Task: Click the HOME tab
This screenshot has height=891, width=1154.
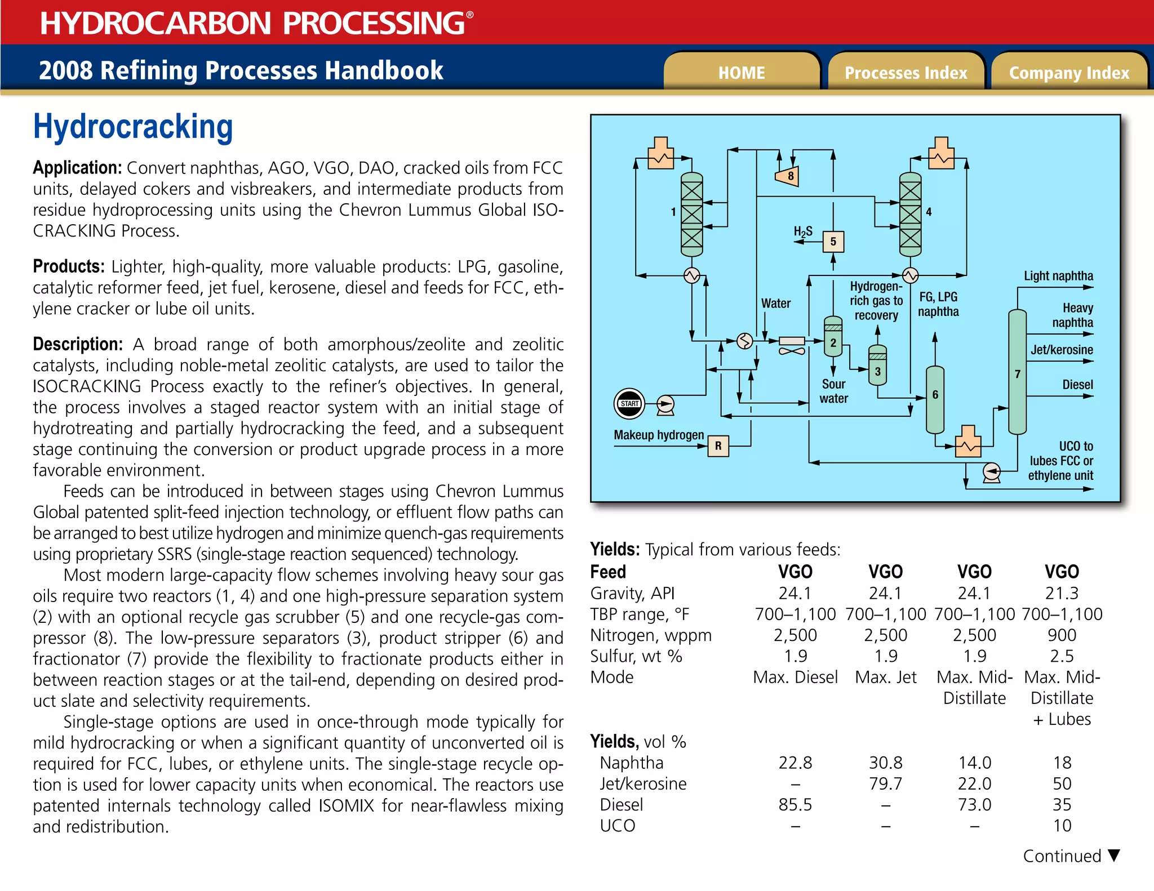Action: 741,73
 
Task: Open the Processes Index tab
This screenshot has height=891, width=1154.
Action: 906,73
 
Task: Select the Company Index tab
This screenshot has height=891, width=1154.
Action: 1069,73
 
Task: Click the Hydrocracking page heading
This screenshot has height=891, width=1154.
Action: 133,127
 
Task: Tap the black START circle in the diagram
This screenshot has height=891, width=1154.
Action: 629,403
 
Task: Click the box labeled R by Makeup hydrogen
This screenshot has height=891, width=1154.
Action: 718,445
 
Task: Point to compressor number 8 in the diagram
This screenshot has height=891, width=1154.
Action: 788,176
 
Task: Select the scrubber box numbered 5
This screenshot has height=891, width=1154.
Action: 833,242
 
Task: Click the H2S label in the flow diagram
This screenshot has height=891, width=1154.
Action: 802,231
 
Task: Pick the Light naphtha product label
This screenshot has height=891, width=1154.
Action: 1058,276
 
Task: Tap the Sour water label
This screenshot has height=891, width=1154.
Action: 833,391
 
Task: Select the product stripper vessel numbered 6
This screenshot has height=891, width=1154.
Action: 935,399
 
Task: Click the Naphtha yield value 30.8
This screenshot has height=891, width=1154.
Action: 885,763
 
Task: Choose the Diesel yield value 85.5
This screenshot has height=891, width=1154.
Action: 795,804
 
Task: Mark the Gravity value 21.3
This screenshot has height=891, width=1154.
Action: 1062,593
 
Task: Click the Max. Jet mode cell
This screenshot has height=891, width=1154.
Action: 885,677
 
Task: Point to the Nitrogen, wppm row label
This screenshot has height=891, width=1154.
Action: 651,635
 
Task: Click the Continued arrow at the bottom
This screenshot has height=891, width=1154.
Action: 1113,856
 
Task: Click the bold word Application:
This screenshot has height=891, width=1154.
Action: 77,168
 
